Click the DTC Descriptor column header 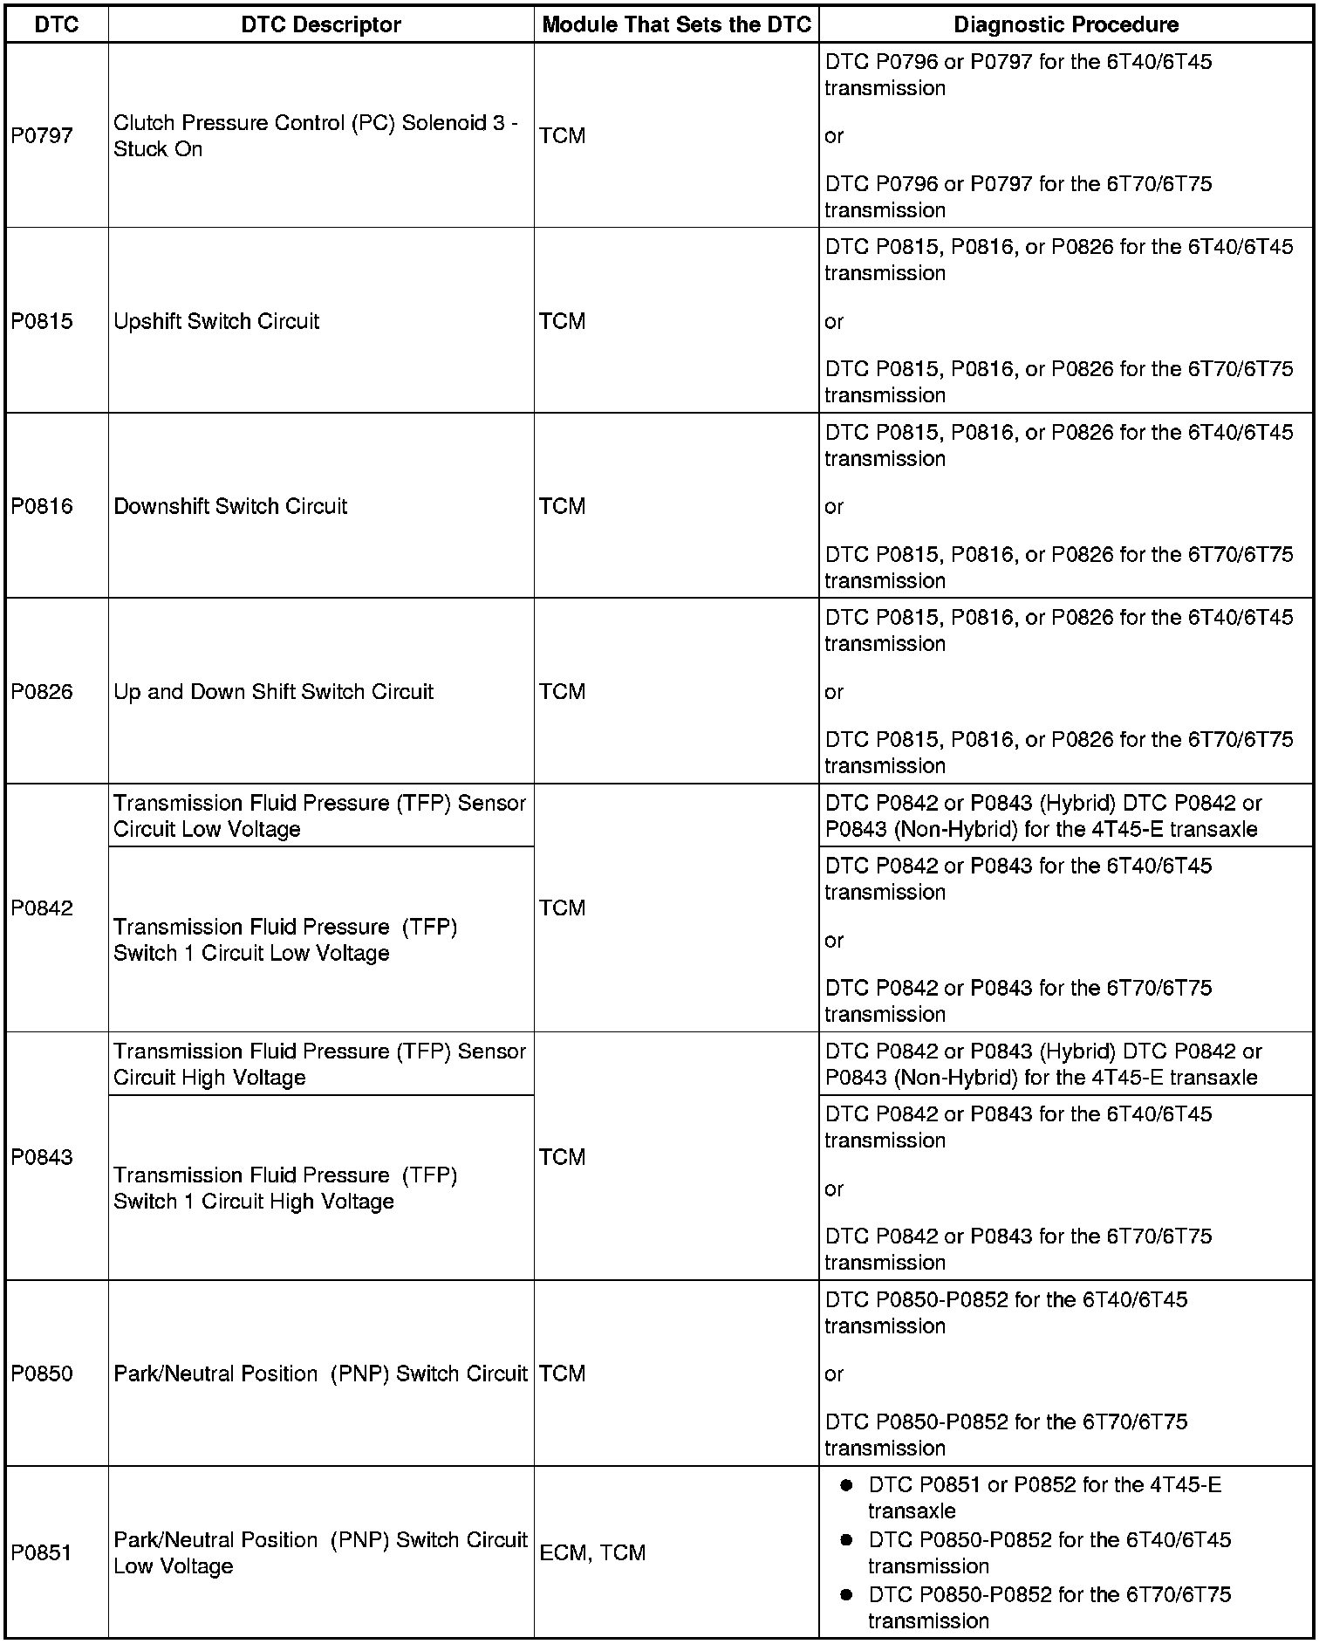click(x=320, y=24)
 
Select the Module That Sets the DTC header click(x=676, y=24)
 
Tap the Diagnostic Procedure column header click(x=1065, y=24)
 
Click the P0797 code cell click(x=42, y=135)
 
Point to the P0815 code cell click(x=42, y=321)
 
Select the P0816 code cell click(x=42, y=506)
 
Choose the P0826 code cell click(x=42, y=692)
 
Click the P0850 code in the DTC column click(x=42, y=1373)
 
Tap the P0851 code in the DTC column click(x=42, y=1552)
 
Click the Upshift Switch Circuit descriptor click(x=216, y=321)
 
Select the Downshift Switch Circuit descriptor click(x=230, y=506)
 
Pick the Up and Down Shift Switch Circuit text click(x=273, y=692)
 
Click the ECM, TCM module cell click(x=592, y=1552)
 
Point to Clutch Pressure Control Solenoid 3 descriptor click(x=315, y=135)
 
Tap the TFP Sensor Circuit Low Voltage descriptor click(x=319, y=816)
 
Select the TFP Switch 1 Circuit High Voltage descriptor click(x=285, y=1188)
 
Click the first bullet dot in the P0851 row click(x=845, y=1485)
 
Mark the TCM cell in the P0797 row click(x=563, y=135)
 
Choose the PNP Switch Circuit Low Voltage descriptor click(x=319, y=1552)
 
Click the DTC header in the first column click(x=57, y=24)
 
